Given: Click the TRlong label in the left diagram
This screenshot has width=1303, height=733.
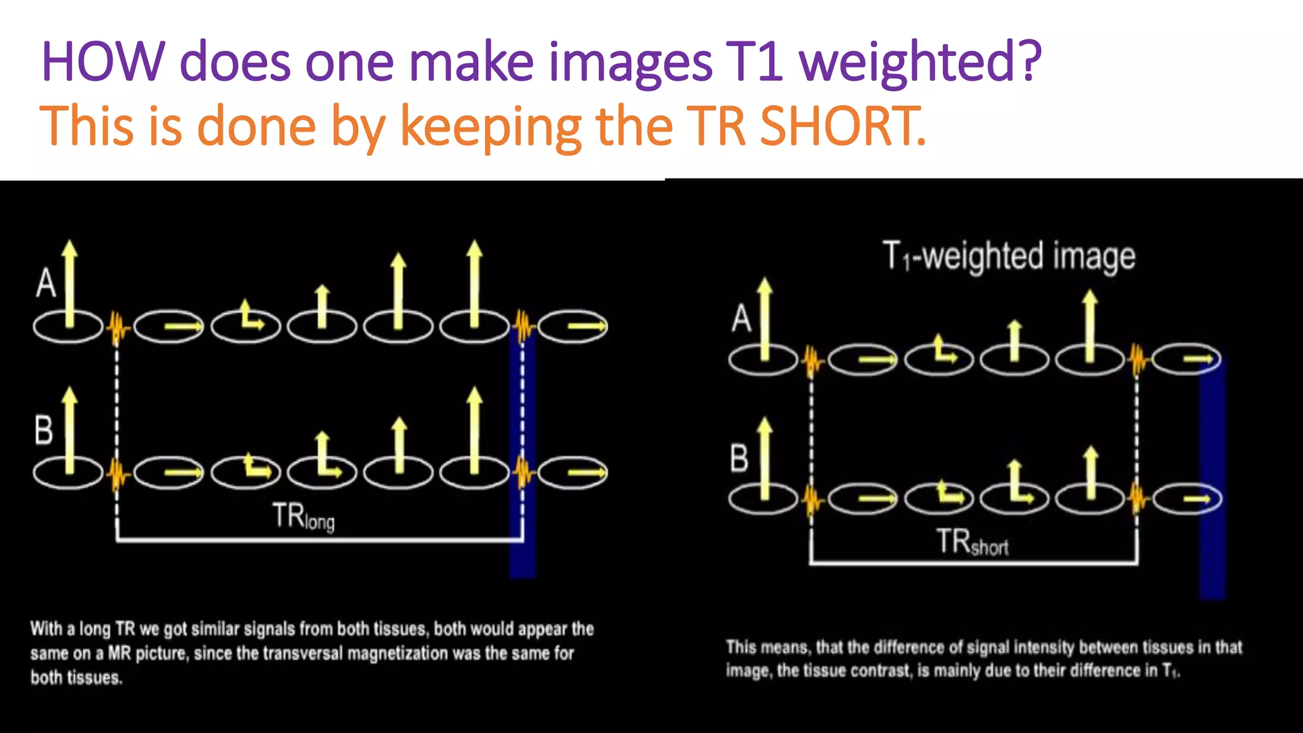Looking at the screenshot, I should [x=303, y=517].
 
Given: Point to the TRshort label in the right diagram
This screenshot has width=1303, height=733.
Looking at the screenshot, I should [x=972, y=542].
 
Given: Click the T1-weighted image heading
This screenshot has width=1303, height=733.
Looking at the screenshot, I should [x=1008, y=256].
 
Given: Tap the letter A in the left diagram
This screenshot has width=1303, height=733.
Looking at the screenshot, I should [x=46, y=283].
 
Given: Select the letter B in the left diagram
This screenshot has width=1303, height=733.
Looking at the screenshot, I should [x=44, y=430].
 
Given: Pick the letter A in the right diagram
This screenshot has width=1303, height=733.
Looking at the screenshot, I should [x=741, y=318].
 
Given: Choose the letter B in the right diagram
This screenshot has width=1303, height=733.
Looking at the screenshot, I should [x=739, y=458].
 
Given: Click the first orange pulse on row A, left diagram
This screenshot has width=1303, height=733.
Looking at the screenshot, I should [x=116, y=327].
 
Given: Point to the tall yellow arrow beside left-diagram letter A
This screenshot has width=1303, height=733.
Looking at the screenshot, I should [x=70, y=283].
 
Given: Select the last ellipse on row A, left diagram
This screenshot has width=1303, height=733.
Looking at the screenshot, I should [x=573, y=326].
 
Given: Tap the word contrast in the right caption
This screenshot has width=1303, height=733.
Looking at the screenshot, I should [x=875, y=671].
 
